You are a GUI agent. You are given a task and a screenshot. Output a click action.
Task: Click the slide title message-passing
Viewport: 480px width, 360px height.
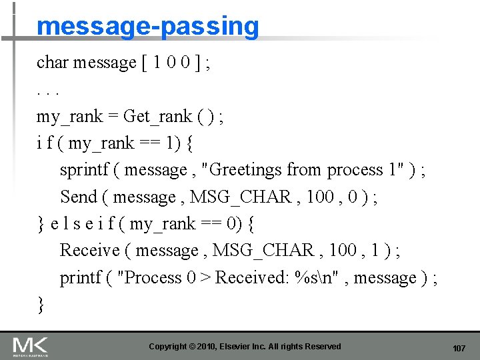coord(147,26)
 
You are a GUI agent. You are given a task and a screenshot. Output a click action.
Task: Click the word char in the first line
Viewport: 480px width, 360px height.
coord(53,63)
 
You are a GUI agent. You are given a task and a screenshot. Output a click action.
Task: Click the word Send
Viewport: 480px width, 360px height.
coord(79,197)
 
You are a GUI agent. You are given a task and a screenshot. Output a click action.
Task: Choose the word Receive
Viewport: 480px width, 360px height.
coord(90,251)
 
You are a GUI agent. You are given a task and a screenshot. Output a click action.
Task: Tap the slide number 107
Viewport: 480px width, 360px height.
coord(459,348)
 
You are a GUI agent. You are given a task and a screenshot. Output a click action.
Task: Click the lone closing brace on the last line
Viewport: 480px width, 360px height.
coord(41,305)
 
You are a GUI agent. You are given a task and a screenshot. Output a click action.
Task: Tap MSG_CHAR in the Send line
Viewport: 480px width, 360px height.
coord(241,197)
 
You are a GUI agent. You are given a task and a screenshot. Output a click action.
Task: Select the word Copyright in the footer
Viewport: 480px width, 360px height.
coord(167,347)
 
